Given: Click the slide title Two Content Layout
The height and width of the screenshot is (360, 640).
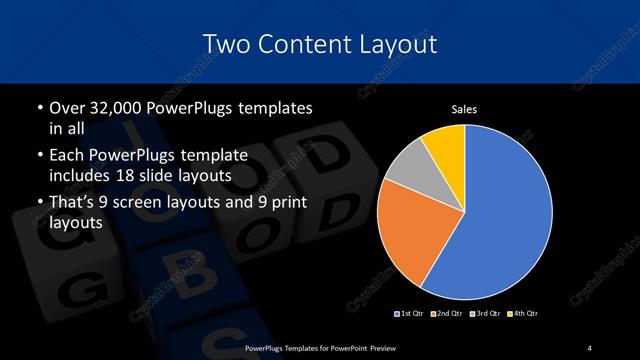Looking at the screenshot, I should pos(319,44).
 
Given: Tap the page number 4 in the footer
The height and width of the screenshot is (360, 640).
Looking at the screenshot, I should pos(590,347).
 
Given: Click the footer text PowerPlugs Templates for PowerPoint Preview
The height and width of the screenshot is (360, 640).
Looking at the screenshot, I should pos(319,347).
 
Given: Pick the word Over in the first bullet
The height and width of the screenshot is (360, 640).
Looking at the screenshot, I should pos(66,107).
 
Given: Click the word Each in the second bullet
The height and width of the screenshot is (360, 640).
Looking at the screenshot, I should pos(66,156).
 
